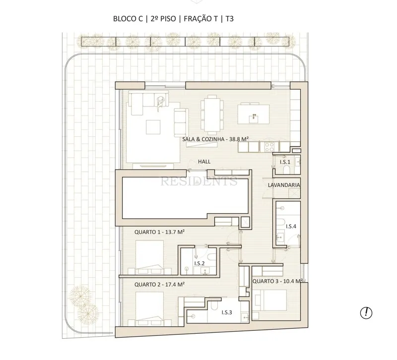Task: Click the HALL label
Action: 204,162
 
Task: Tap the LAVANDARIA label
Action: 284,185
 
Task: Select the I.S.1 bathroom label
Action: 285,162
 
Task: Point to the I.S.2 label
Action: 199,263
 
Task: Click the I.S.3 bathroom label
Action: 227,312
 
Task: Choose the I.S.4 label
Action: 291,227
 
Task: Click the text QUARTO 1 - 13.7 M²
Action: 159,232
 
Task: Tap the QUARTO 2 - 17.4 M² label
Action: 159,284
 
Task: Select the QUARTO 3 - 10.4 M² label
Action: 277,281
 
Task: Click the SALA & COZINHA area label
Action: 215,139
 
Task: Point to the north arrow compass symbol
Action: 366,313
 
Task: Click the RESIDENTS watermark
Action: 199,181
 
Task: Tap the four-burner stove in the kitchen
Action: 269,147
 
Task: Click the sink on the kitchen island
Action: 254,119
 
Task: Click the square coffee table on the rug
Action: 153,127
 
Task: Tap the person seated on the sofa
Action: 160,103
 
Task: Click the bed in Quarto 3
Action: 270,300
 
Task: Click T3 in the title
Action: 229,19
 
